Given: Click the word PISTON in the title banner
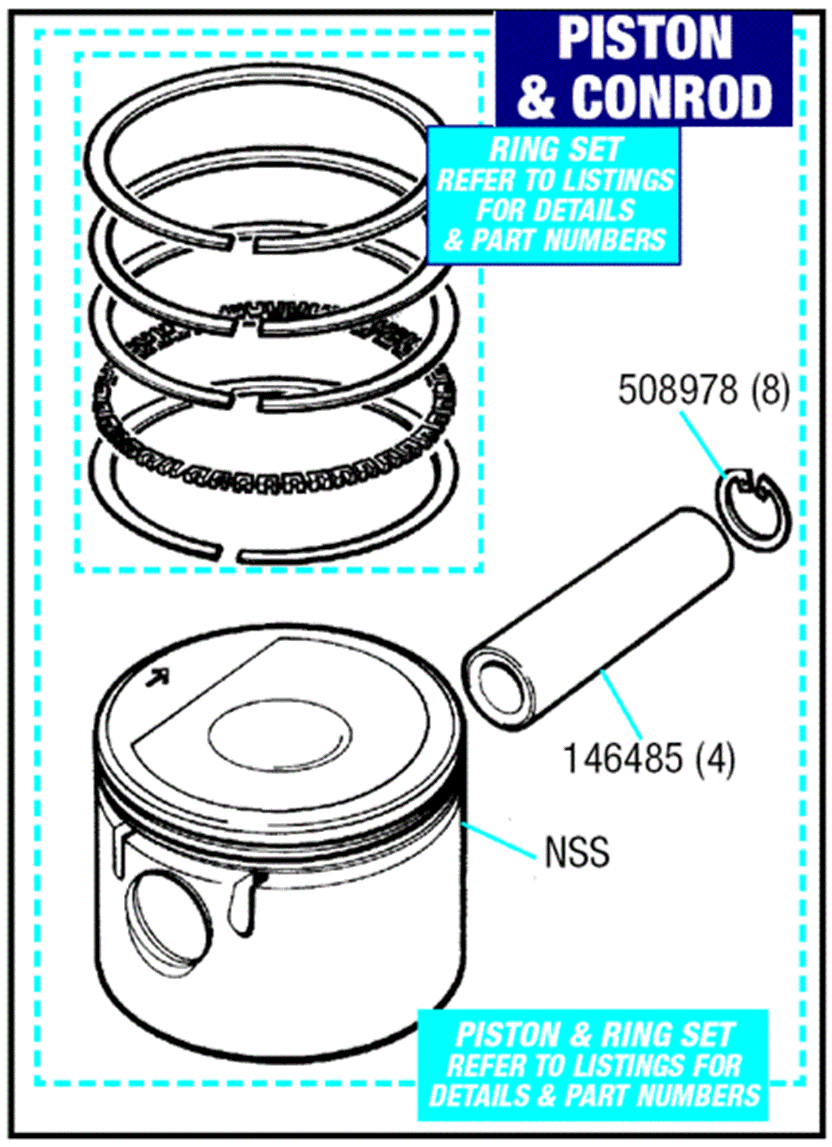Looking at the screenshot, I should (x=644, y=39).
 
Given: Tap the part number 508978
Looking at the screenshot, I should (x=677, y=391).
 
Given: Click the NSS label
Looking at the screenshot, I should (x=576, y=852).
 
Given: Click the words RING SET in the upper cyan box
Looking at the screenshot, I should (x=555, y=150).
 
